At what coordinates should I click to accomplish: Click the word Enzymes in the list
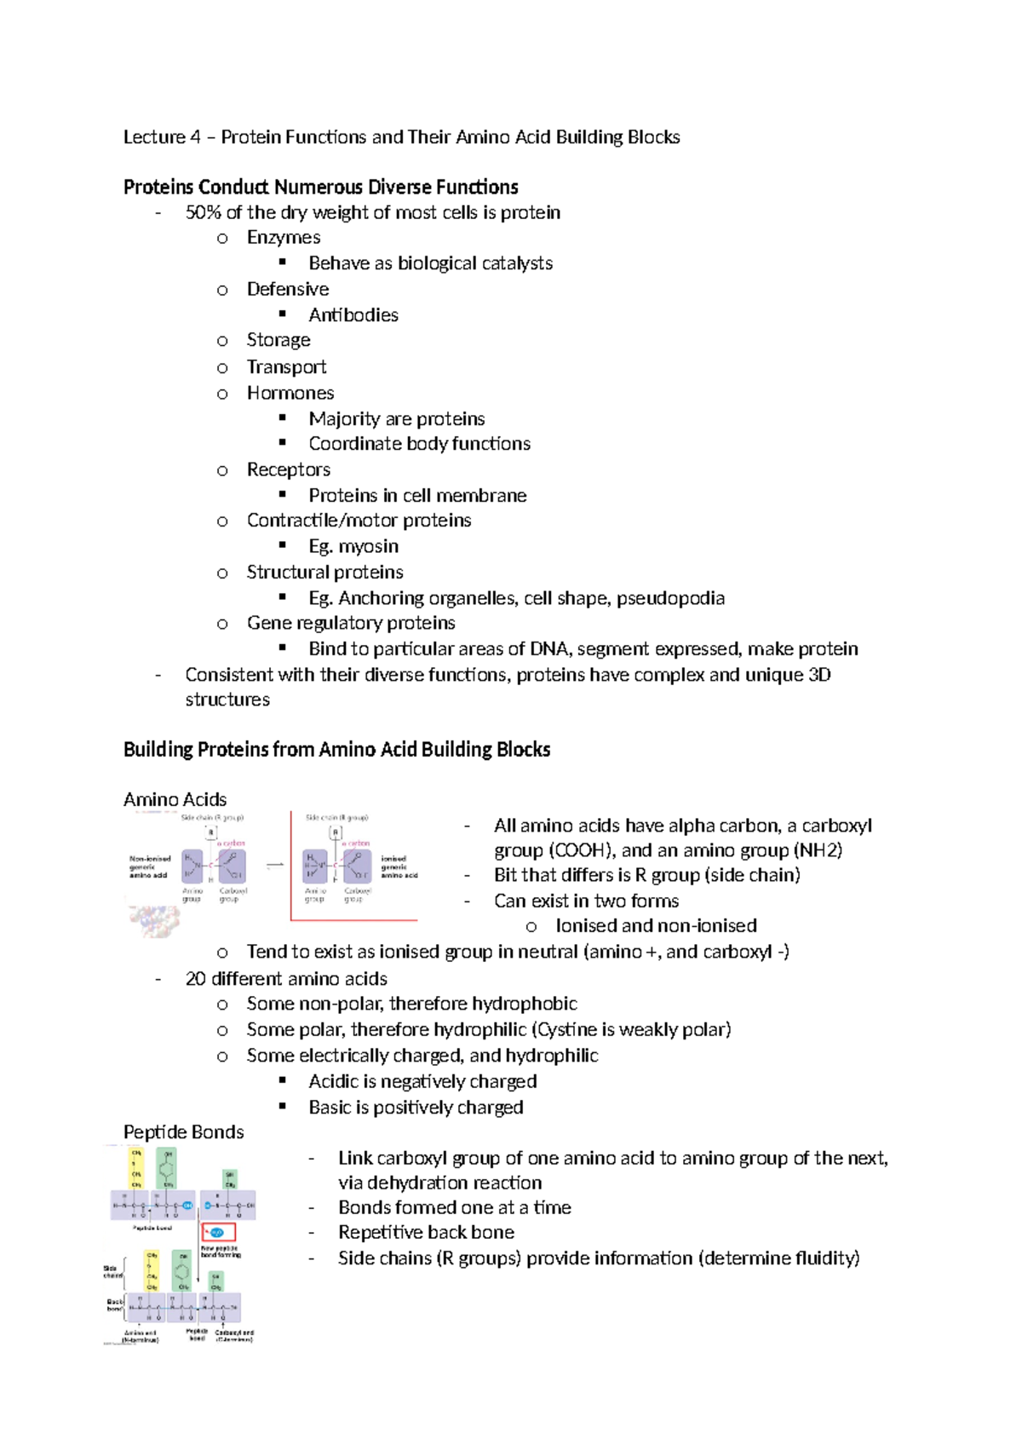click(x=283, y=238)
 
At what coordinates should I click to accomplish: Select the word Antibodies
click(x=353, y=315)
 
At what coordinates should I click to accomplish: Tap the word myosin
click(x=368, y=546)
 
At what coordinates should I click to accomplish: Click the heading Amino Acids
click(x=175, y=799)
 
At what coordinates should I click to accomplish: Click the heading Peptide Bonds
click(x=183, y=1131)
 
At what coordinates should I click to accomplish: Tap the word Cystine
click(x=565, y=1029)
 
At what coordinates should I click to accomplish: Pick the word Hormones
click(x=290, y=393)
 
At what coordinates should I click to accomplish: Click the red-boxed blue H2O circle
click(x=217, y=1232)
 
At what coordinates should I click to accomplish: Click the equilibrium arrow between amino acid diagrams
click(x=274, y=865)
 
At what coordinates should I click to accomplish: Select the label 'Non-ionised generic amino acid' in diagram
click(x=149, y=866)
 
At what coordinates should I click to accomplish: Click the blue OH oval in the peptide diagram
click(x=188, y=1206)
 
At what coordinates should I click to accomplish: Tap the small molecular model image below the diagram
click(x=154, y=920)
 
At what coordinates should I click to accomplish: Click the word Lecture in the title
click(x=154, y=137)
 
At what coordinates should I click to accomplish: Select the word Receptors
click(x=288, y=469)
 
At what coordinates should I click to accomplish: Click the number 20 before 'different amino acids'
click(x=195, y=978)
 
